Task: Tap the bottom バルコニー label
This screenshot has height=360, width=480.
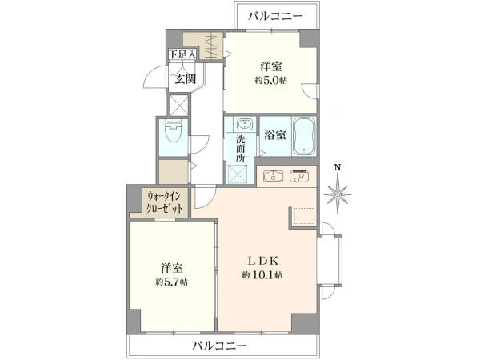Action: [218, 346]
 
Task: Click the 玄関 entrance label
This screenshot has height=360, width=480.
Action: [186, 78]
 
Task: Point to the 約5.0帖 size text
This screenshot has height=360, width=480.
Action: [271, 81]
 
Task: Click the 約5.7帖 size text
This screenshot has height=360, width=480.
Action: [172, 282]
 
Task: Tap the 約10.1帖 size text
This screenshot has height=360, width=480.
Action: [262, 274]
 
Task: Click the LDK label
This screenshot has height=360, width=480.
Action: [262, 260]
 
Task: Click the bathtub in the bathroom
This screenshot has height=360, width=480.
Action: [305, 136]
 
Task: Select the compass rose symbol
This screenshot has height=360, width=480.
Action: [339, 192]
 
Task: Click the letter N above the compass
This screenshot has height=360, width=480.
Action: [339, 168]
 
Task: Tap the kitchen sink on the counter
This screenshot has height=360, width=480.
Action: [270, 176]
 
